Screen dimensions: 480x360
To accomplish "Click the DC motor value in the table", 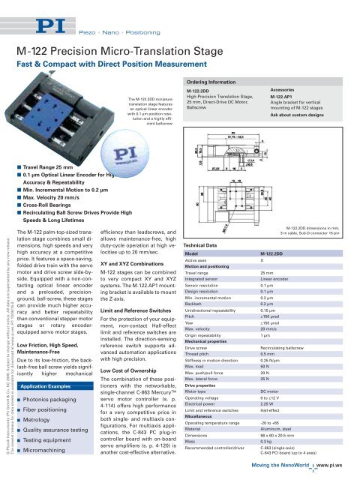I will tap(273, 412).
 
